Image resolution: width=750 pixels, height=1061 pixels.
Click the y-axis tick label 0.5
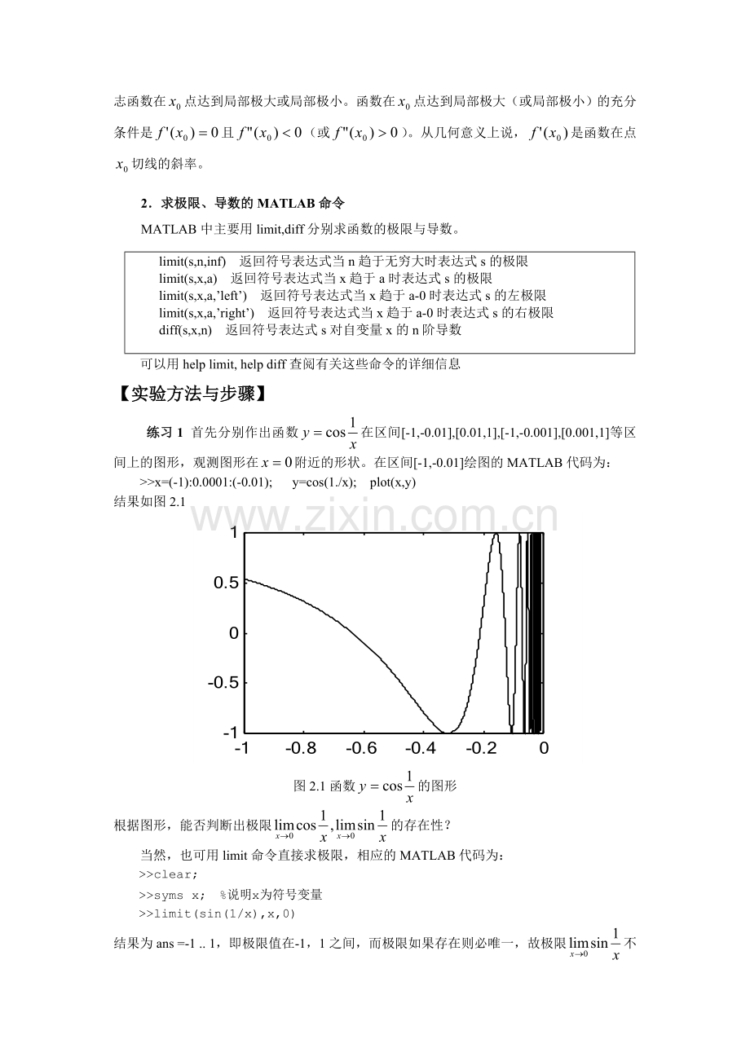[x=227, y=583]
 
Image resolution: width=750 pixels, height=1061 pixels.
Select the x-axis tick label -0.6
[x=362, y=748]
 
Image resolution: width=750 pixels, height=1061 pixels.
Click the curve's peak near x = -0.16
[x=496, y=534]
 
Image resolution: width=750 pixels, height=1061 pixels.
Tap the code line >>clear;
[x=169, y=875]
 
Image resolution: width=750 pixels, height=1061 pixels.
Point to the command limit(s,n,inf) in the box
[x=192, y=261]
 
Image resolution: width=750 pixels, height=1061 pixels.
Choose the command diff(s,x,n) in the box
[x=186, y=330]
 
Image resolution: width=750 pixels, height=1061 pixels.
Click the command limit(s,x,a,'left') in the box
[x=203, y=295]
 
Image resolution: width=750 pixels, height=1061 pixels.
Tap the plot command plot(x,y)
[x=393, y=482]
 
